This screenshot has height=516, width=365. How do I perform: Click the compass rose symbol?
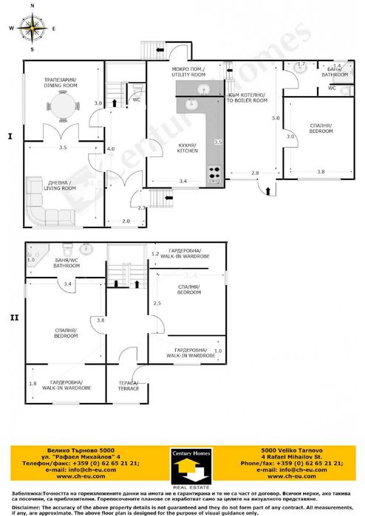(x=32, y=28)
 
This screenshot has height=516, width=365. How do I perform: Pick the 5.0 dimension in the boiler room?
(x=276, y=118)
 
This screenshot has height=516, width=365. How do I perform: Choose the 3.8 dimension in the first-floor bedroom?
(x=320, y=171)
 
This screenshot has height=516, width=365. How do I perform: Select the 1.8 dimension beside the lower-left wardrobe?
(x=33, y=383)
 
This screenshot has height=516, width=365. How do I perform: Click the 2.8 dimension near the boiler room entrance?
(x=254, y=172)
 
